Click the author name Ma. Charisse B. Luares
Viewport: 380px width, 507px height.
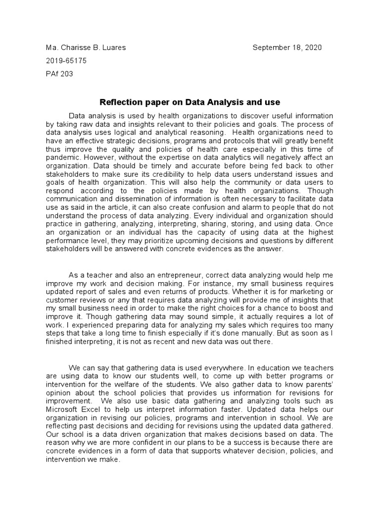coord(86,48)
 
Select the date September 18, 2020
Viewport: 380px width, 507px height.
coord(287,48)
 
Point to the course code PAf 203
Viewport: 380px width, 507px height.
coord(59,74)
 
